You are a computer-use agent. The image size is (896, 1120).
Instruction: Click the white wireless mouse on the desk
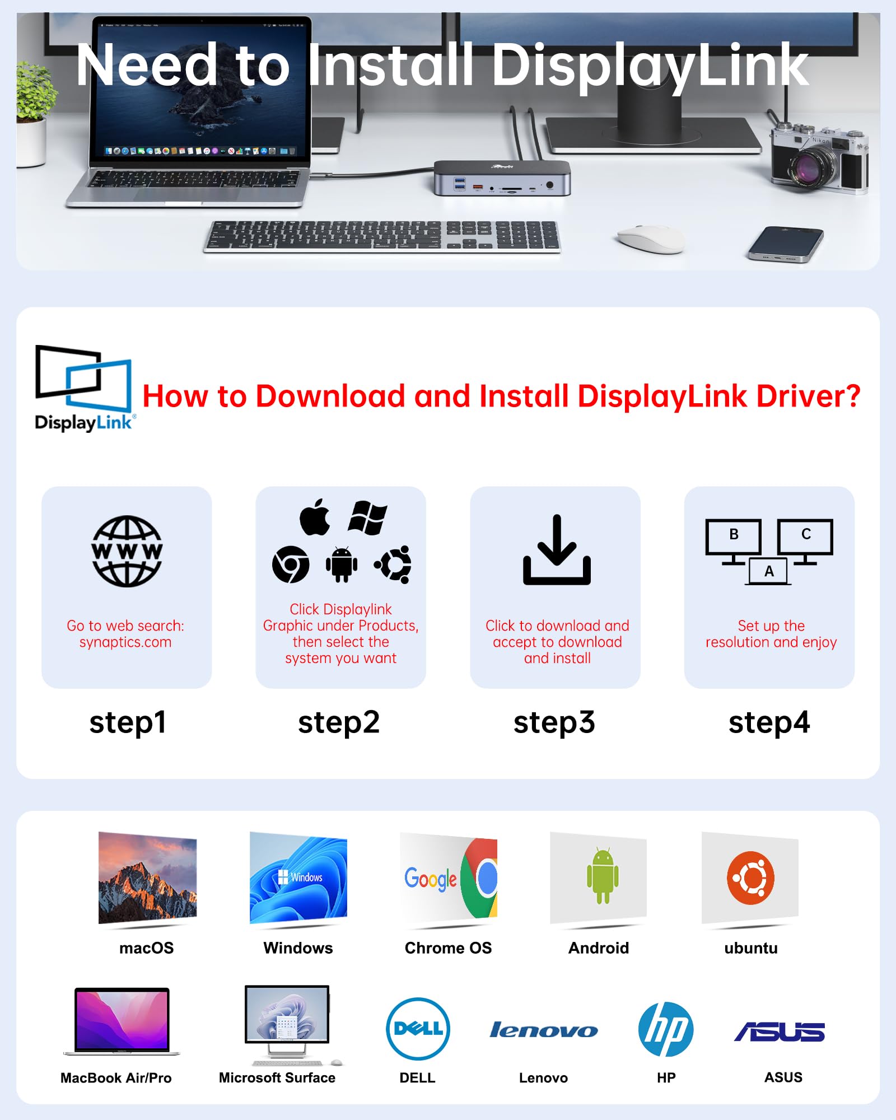coord(651,239)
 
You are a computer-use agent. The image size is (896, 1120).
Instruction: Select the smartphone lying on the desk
coord(786,244)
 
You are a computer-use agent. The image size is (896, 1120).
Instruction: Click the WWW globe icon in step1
coord(127,551)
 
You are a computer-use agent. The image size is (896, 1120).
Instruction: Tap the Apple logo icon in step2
coord(315,517)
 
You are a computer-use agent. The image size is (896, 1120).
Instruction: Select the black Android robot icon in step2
coord(341,564)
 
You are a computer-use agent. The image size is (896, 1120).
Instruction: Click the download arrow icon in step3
coord(557,550)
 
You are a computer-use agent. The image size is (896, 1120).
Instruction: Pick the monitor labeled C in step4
coord(805,536)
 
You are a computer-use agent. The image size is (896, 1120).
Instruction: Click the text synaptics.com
coord(125,642)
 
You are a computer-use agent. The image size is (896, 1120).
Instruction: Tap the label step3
coord(554,722)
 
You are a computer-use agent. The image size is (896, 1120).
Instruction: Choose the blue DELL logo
coord(418,1029)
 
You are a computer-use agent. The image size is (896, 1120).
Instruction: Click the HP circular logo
coord(666,1029)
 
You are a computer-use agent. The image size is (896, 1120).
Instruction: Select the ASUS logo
coord(780,1032)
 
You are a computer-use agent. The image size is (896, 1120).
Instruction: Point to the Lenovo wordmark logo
coord(543,1030)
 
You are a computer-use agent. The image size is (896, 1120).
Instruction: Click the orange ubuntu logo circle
coord(750,878)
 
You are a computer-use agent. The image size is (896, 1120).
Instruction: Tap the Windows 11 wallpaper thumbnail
coord(298,878)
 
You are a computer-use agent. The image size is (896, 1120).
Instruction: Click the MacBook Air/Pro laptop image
coord(122,1021)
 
